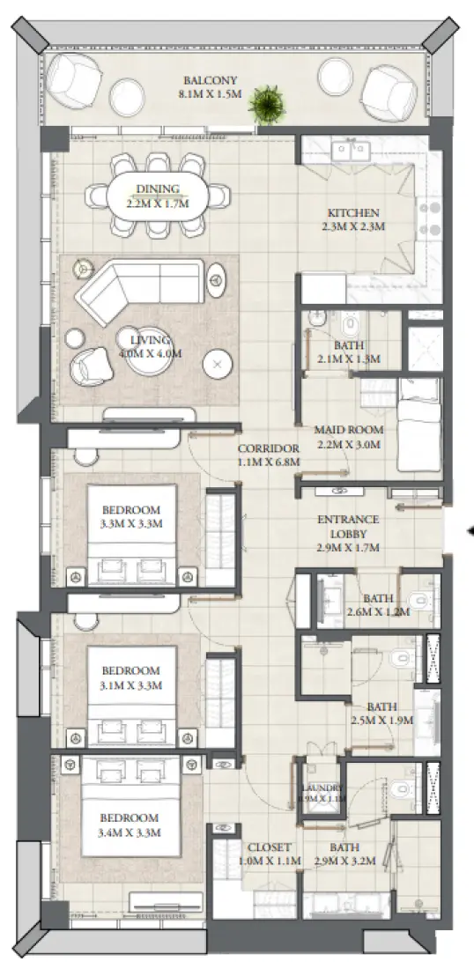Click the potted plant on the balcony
click(x=263, y=105)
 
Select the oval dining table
click(x=159, y=194)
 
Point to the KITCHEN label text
click(x=353, y=219)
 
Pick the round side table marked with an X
click(x=216, y=363)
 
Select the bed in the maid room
click(x=418, y=424)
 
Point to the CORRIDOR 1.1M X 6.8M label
click(x=269, y=454)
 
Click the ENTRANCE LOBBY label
click(x=348, y=533)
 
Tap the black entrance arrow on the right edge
click(x=469, y=530)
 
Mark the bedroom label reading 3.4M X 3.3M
click(x=130, y=824)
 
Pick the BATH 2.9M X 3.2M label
click(x=345, y=854)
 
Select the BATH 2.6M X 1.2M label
click(x=377, y=605)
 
